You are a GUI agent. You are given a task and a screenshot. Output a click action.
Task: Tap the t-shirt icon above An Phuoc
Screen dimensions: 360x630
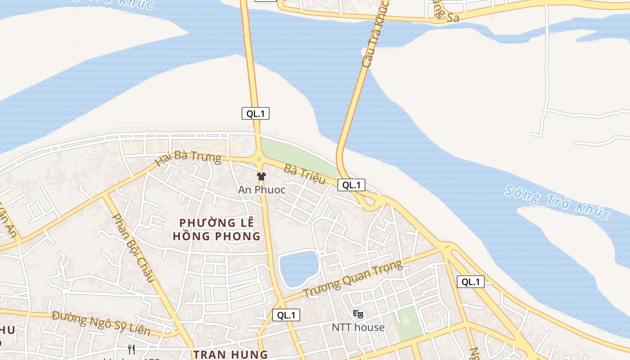click(x=261, y=176)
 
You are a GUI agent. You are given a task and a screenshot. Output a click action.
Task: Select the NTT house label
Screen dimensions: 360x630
click(x=358, y=327)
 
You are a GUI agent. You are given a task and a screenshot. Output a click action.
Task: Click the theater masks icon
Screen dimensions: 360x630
click(x=358, y=314)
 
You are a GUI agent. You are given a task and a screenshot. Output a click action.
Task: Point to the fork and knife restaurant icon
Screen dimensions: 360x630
click(x=131, y=349)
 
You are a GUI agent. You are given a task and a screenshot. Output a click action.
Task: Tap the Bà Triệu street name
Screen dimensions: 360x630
click(x=305, y=175)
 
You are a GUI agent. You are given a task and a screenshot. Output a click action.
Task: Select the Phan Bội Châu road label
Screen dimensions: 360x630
click(x=133, y=248)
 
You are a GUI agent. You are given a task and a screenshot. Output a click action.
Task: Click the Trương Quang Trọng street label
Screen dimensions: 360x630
click(x=353, y=279)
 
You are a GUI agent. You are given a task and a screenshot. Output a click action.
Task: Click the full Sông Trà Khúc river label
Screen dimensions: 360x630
click(x=557, y=202)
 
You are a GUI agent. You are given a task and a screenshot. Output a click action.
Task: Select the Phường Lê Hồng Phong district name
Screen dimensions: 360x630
click(x=216, y=229)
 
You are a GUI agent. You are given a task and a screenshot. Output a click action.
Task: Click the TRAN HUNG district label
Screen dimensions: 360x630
click(x=230, y=354)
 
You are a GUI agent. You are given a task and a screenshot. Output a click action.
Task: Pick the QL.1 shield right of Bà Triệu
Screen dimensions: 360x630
click(x=351, y=184)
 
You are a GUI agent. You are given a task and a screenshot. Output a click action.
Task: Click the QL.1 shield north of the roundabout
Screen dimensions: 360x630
click(x=256, y=113)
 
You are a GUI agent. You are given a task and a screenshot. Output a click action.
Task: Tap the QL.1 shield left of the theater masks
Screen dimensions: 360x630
click(x=286, y=315)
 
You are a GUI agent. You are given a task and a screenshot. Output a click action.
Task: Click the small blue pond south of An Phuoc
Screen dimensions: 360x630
click(x=299, y=269)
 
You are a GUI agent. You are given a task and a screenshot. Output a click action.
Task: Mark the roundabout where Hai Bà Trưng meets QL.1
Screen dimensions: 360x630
click(x=259, y=158)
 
